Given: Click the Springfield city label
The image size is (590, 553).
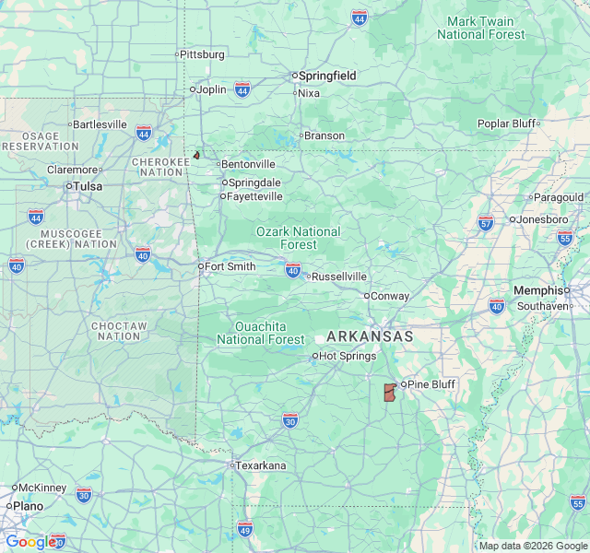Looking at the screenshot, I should (324, 76).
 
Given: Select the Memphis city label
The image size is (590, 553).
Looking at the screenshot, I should (538, 290).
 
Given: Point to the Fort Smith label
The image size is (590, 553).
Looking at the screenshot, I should (229, 266).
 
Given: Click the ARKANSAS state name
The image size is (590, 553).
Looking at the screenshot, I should (370, 336).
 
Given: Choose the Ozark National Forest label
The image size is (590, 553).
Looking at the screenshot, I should (298, 238).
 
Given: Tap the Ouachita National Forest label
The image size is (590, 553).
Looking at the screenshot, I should (260, 333).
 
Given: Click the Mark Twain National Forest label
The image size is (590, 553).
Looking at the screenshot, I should (480, 28).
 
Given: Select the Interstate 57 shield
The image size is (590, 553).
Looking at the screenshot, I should (486, 222).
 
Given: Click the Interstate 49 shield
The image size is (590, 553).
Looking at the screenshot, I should (244, 528).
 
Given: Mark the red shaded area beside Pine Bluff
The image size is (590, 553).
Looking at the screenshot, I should (389, 393).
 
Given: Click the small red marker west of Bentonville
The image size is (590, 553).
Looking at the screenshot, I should (196, 156).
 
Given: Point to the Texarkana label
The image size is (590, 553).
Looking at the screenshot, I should (261, 465).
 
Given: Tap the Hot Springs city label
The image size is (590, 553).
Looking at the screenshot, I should (346, 356).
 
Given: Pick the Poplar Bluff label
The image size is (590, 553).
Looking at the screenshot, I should (506, 124).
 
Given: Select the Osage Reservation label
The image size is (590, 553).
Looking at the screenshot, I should (33, 142).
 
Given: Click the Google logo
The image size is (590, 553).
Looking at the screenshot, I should (29, 542).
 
